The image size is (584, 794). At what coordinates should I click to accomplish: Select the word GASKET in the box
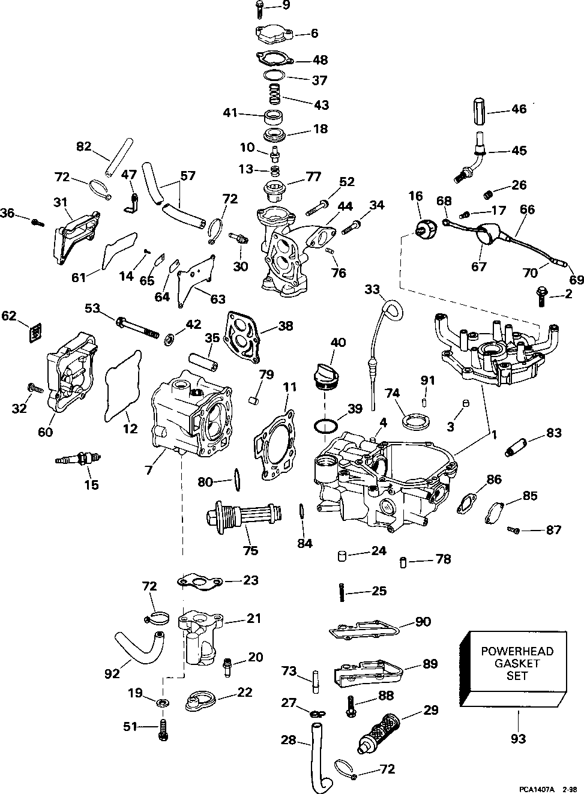point(517,663)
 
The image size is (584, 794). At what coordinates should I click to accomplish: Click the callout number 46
point(518,109)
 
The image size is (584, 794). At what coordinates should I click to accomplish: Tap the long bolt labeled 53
point(137,328)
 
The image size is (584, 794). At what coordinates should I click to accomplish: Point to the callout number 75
point(250,550)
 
